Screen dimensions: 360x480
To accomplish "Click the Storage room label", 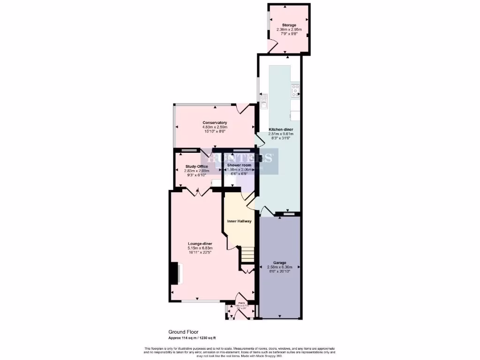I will pos(289,24).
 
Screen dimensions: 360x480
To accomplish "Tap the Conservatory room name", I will pos(215,123).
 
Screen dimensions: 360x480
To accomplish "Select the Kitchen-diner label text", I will pos(281,129).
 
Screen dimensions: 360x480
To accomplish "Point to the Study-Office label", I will pos(196,166).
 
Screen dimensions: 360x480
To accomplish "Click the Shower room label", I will pos(239,165).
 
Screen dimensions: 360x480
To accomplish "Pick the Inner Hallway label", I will pos(240,221).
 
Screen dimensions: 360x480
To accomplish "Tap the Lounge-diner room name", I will pos(200,244).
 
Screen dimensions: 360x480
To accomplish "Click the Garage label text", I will pos(280,263).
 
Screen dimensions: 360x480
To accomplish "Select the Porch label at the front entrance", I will pos(241,303).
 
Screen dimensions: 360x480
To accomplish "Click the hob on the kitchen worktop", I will pos(295,90).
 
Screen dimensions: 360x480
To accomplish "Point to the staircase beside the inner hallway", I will pos(247,255).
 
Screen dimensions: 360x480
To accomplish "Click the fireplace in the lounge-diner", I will pos(177,274).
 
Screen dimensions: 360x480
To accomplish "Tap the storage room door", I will pos(273,47).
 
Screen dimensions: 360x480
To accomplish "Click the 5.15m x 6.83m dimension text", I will pos(200,248).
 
